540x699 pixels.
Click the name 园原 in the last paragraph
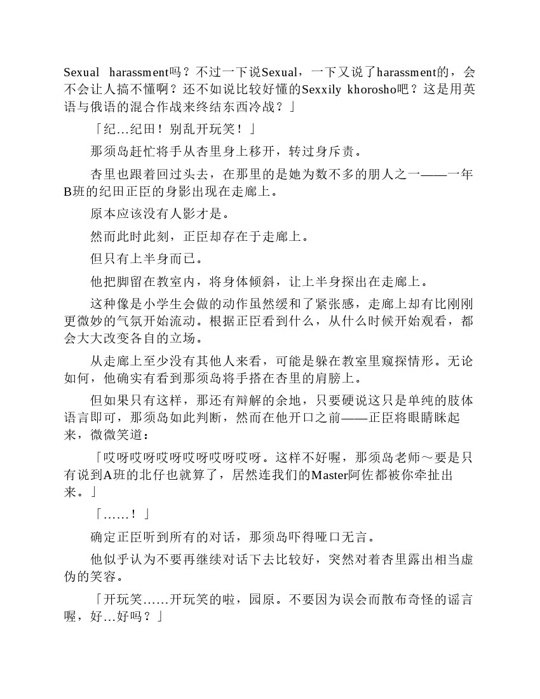point(266,599)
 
